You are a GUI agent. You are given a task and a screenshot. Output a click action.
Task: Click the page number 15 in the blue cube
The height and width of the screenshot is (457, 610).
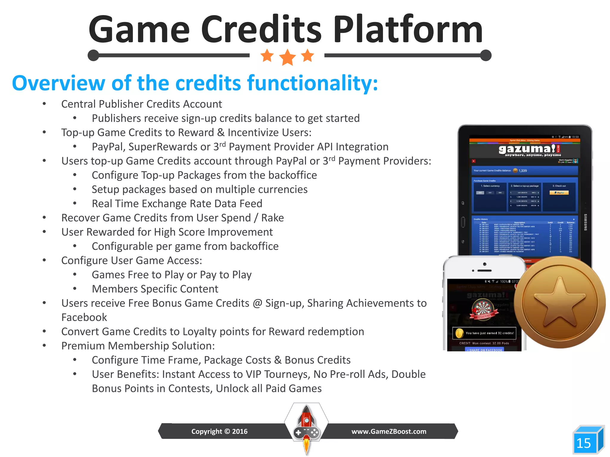click(x=583, y=443)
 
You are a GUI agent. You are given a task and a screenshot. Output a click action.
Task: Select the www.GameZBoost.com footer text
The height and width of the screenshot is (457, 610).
click(x=389, y=431)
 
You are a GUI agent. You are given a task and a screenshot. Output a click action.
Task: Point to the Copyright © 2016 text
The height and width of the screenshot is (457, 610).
click(x=219, y=431)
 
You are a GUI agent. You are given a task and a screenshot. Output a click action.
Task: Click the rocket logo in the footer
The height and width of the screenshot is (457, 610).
click(x=306, y=425)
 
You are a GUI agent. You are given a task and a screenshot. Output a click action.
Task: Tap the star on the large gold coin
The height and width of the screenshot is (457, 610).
click(x=560, y=302)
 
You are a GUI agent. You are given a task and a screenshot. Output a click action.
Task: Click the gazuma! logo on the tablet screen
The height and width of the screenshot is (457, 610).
click(x=527, y=149)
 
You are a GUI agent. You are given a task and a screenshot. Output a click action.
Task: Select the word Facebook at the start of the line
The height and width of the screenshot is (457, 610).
click(x=84, y=317)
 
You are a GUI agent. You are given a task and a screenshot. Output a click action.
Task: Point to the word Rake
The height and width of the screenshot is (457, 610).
click(x=272, y=218)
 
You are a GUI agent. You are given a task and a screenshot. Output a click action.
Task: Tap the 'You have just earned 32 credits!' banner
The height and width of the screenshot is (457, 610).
click(x=484, y=333)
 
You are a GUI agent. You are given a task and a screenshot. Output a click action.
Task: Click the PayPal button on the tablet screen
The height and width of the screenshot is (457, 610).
click(x=559, y=193)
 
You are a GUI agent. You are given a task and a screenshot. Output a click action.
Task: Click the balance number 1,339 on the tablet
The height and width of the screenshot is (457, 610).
click(x=523, y=171)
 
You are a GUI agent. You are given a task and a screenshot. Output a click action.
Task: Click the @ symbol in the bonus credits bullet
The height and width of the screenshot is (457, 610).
click(x=257, y=303)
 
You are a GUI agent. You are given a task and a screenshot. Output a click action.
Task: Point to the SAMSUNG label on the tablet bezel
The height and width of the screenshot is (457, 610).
click(x=585, y=222)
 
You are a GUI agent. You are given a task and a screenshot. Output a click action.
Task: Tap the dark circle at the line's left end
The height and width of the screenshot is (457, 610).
click(x=94, y=55)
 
